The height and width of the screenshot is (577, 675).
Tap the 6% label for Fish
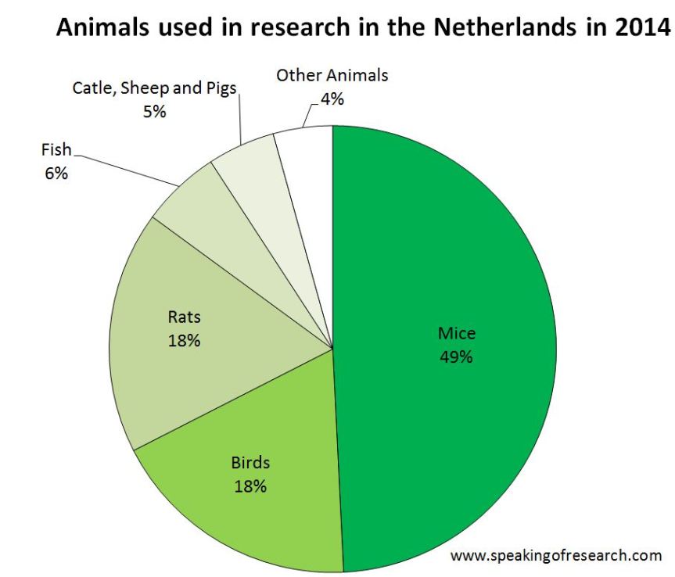point(56,173)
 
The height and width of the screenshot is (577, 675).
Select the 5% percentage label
point(154,111)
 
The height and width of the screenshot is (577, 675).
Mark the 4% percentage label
point(332,99)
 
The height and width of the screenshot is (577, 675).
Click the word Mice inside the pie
point(457,334)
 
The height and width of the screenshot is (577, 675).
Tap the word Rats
point(185,317)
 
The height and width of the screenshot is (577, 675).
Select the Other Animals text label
point(332,76)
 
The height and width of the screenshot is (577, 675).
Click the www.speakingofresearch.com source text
point(556,556)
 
